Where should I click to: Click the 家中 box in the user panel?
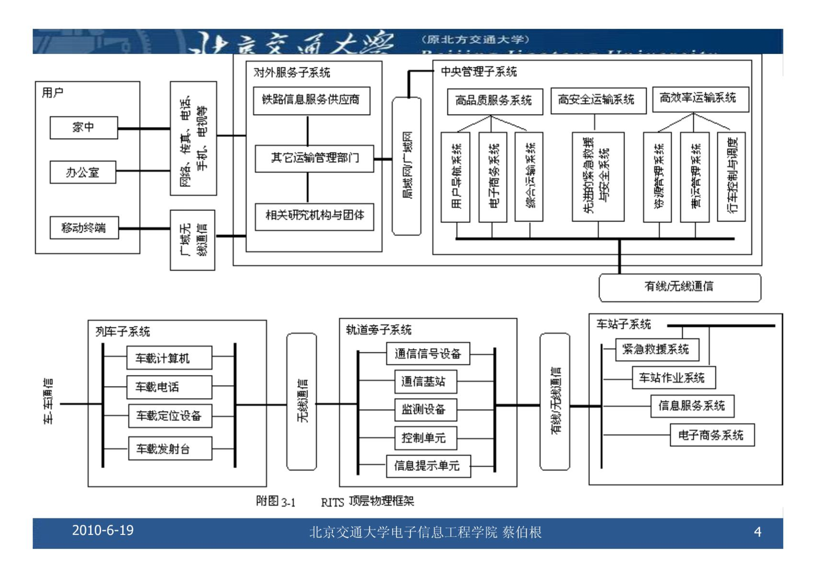click(x=84, y=128)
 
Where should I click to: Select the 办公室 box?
click(x=83, y=172)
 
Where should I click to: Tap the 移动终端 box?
click(x=84, y=228)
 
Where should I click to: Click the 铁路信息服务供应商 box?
click(x=311, y=100)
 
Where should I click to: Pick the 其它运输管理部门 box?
click(x=314, y=158)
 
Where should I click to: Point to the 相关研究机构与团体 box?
click(x=314, y=216)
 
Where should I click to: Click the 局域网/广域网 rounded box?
click(x=407, y=166)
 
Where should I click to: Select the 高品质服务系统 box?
click(x=495, y=101)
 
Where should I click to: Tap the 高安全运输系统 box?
click(x=598, y=100)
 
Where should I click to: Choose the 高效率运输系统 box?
click(x=700, y=99)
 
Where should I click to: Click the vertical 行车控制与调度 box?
click(x=731, y=176)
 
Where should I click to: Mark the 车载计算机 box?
click(x=169, y=358)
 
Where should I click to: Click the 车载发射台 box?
click(x=170, y=449)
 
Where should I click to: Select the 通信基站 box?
click(x=425, y=381)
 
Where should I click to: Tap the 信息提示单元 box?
click(x=428, y=466)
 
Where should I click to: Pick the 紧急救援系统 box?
click(x=657, y=350)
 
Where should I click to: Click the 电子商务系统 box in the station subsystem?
click(x=712, y=435)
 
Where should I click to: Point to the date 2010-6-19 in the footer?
click(x=103, y=530)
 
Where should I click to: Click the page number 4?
click(x=757, y=532)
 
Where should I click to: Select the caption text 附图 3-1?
click(x=275, y=502)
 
